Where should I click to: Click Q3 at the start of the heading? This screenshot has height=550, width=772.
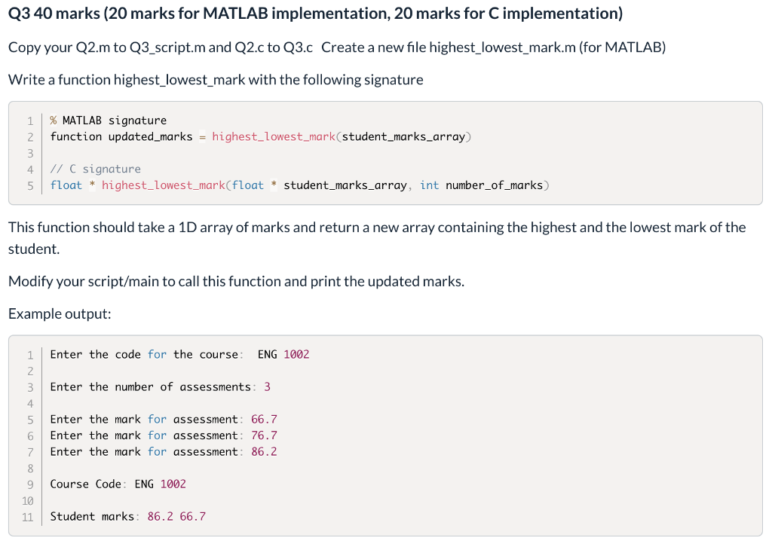pos(19,14)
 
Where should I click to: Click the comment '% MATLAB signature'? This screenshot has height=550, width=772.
pos(108,121)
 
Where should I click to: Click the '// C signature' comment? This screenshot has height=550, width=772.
pos(95,169)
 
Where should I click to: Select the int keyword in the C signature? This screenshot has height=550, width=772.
pos(430,185)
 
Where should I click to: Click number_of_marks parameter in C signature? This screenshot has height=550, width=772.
pos(494,185)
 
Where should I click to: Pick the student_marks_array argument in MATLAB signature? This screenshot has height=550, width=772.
pos(404,136)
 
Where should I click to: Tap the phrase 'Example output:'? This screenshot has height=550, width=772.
pos(60,314)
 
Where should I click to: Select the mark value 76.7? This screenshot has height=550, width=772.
pos(264,435)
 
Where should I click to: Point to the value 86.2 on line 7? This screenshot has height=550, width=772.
pos(264,452)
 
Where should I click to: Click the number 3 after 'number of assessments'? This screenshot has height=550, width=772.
pos(267,387)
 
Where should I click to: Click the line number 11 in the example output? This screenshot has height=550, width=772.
pos(28,517)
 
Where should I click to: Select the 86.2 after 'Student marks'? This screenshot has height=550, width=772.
pos(160,517)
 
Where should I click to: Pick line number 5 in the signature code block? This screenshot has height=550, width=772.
pos(30,185)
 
